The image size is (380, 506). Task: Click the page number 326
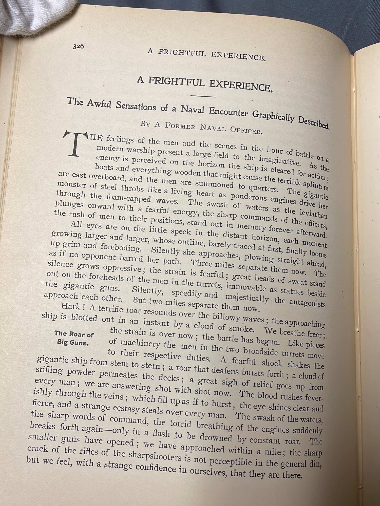(78, 46)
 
